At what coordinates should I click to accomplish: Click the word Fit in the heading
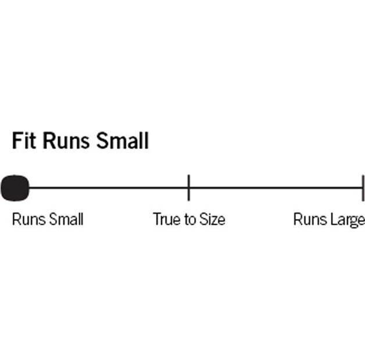coord(24,141)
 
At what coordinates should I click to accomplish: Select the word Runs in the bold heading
coord(66,141)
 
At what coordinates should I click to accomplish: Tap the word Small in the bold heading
coord(123,141)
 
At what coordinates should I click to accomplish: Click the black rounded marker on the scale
coord(15,188)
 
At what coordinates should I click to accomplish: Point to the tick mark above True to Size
coord(188,188)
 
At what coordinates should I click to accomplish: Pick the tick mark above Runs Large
coord(363,188)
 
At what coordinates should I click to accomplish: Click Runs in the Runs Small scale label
coord(28,219)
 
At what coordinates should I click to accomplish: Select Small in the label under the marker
coord(66,219)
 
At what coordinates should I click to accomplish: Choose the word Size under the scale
coord(212,219)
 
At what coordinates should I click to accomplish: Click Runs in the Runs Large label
coord(310,219)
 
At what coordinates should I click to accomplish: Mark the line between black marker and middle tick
coord(108,188)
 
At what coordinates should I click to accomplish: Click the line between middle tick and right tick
coord(275,188)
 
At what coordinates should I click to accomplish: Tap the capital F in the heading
coord(17,141)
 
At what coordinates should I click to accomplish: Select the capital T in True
coord(158,219)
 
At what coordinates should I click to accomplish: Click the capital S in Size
coord(203,219)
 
